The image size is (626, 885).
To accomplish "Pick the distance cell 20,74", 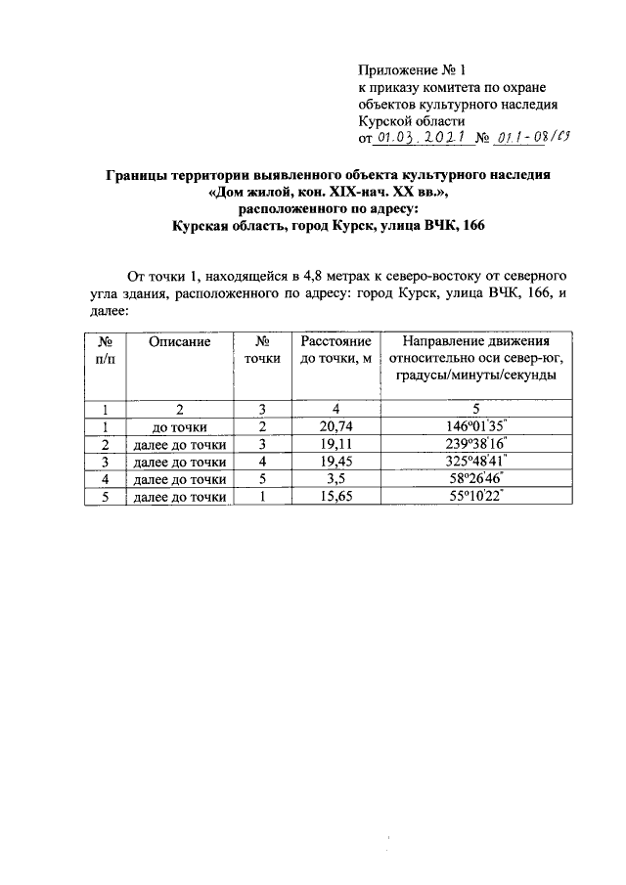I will click(335, 426).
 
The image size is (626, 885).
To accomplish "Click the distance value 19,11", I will click(335, 444).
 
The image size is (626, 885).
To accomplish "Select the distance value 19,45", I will click(335, 462).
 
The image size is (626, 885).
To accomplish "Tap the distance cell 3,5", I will click(335, 479).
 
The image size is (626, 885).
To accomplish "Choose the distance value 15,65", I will click(335, 497).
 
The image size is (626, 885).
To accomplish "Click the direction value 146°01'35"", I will click(476, 426).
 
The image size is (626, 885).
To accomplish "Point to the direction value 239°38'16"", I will click(476, 444).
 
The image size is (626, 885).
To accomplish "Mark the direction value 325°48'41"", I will click(476, 462).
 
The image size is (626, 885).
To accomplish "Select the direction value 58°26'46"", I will click(476, 479).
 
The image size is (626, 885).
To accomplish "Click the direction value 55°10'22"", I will click(476, 497).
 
